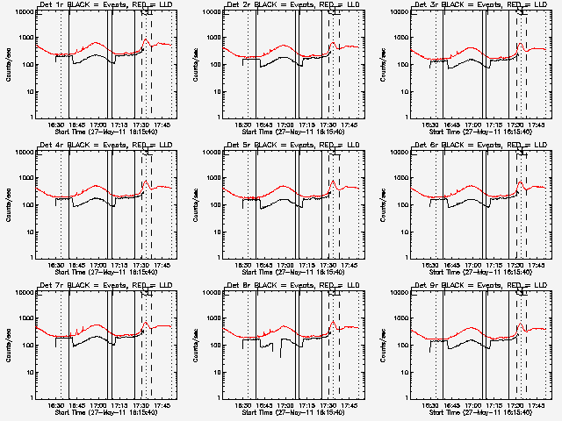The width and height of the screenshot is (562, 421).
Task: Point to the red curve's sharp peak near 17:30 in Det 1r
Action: tap(146, 39)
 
